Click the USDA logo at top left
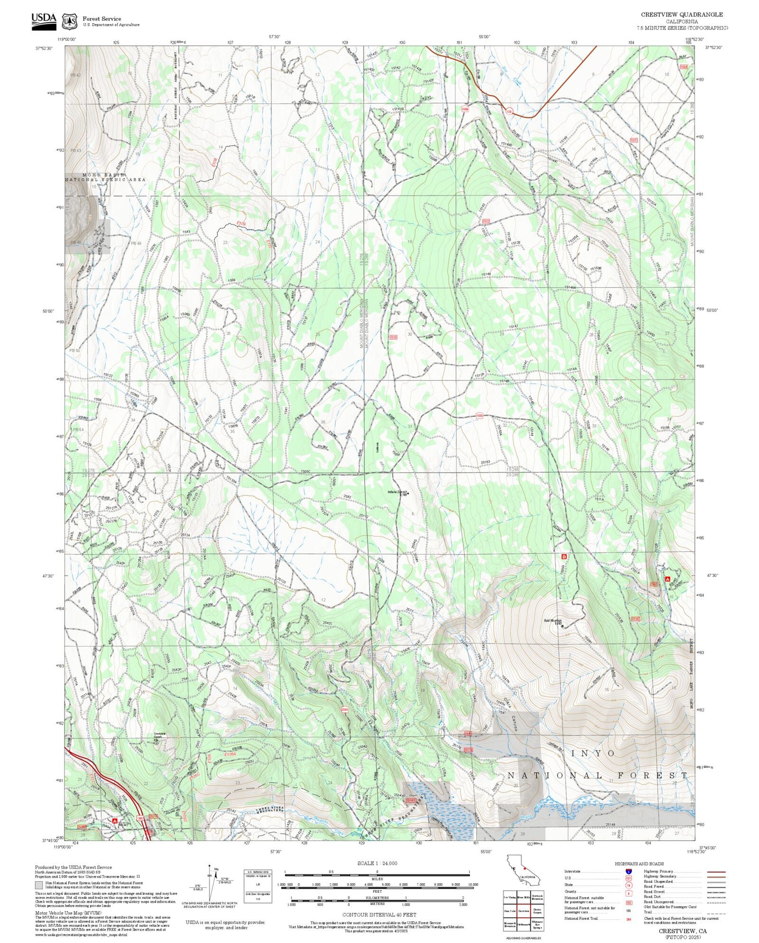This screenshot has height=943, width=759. pyautogui.click(x=44, y=20)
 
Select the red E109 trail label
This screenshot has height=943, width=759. pyautogui.click(x=241, y=223)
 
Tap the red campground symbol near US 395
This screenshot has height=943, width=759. pyautogui.click(x=115, y=820)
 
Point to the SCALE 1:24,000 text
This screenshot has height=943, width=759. pyautogui.click(x=377, y=863)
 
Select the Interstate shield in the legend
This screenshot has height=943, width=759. pyautogui.click(x=628, y=871)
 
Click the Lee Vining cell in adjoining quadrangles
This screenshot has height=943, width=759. pyautogui.click(x=510, y=897)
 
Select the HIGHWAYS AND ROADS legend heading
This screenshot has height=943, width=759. pyautogui.click(x=639, y=864)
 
